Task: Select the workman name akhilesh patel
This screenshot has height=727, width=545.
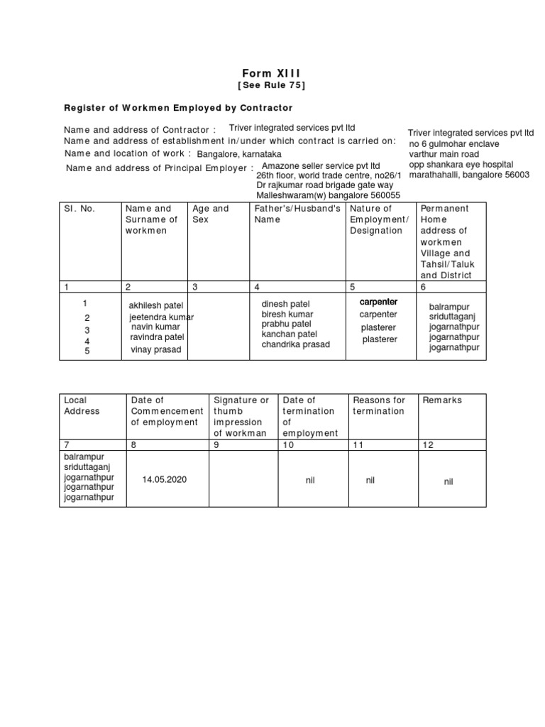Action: coord(156,305)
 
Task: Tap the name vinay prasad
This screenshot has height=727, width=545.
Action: coord(155,349)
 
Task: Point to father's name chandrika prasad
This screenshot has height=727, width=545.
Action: coord(296,344)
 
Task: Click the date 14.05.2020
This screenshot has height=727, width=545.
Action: coord(164,480)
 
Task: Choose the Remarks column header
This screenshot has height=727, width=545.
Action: coord(442,400)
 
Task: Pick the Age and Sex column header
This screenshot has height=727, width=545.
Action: coord(211,214)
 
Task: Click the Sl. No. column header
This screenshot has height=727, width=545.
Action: coord(79,209)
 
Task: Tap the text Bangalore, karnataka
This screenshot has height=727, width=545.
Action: coord(239,154)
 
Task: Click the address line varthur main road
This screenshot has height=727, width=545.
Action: coord(444,154)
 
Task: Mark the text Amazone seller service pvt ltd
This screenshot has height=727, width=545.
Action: coord(321,166)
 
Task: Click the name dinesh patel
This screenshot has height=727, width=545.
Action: coord(285,305)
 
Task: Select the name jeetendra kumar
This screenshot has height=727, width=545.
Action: coord(161,317)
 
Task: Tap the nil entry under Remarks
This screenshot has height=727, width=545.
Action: coord(448,481)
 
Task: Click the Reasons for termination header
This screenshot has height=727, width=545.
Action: coord(379,405)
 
